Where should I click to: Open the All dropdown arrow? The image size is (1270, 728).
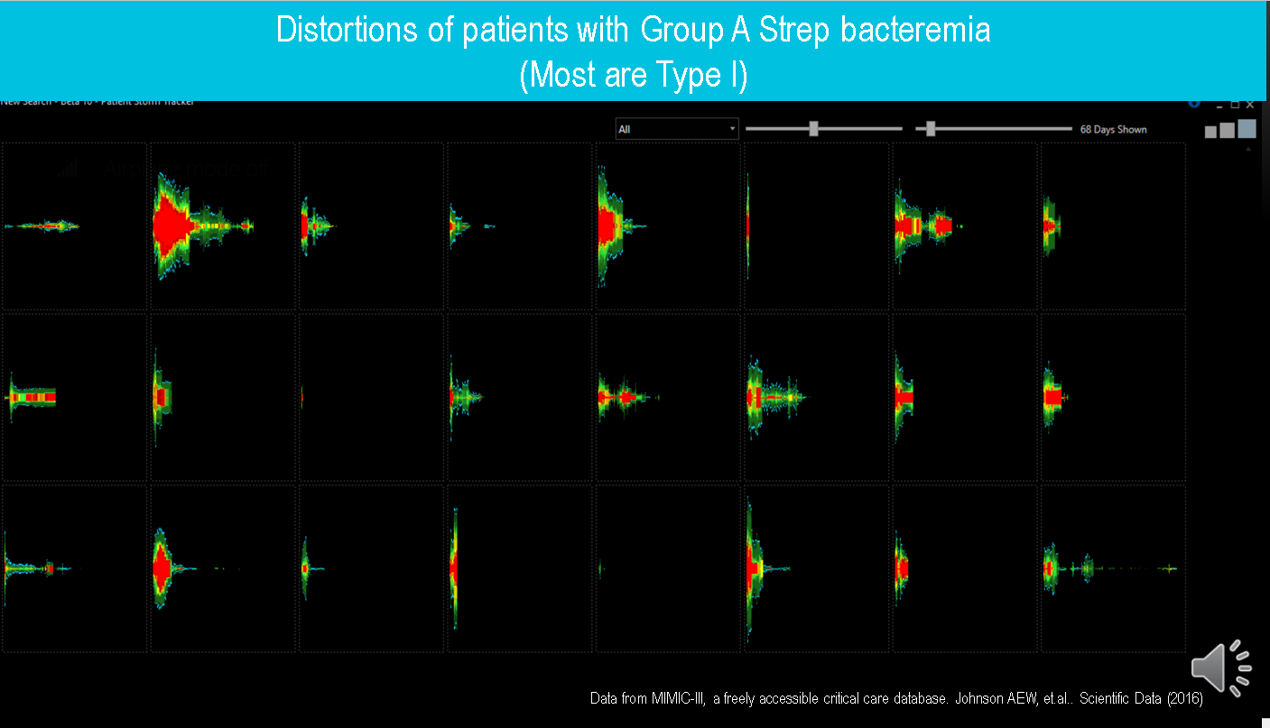coord(732,129)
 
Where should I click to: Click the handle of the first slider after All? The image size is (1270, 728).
coord(813,129)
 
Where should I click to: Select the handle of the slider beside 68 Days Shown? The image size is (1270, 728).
coord(931,129)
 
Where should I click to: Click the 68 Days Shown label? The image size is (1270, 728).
coord(1113,129)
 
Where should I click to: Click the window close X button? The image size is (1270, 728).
coord(1250,105)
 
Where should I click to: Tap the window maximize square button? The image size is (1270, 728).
coord(1235,105)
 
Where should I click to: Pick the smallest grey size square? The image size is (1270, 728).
coord(1210,132)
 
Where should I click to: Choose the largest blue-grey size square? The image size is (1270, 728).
coord(1247,129)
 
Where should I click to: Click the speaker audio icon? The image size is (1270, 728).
coord(1219,669)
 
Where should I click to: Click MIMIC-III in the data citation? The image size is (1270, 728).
coord(681,699)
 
